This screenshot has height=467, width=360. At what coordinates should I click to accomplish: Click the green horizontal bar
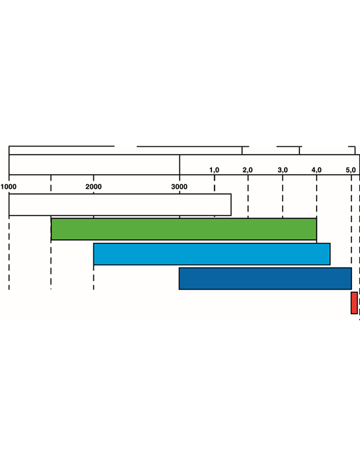(x=184, y=229)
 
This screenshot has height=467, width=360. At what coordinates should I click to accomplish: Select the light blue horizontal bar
(x=212, y=254)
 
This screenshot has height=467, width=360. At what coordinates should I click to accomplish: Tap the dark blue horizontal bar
(x=265, y=278)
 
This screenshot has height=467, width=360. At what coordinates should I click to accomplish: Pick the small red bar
(x=354, y=303)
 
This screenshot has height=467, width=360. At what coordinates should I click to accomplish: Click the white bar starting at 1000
(x=120, y=205)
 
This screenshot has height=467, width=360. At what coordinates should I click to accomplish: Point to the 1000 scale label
(x=8, y=187)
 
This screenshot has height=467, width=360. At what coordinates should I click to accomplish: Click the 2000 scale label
(x=93, y=187)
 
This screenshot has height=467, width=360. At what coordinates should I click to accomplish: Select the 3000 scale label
(x=179, y=187)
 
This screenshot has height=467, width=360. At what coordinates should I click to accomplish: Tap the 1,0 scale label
(x=214, y=170)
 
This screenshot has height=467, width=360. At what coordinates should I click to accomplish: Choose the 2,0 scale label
(x=247, y=170)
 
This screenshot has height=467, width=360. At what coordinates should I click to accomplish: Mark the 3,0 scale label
(x=283, y=170)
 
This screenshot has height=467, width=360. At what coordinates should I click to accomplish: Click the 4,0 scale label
(x=317, y=170)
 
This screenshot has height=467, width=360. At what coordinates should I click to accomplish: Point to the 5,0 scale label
(x=351, y=170)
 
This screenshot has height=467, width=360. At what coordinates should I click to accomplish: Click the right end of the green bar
(x=317, y=229)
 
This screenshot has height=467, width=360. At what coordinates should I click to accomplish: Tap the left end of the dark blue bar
(x=179, y=278)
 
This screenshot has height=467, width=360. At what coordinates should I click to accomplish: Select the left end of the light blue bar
(x=94, y=254)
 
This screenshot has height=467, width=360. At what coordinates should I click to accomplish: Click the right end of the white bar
(x=231, y=205)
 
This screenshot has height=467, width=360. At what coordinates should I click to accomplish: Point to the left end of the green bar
(x=51, y=229)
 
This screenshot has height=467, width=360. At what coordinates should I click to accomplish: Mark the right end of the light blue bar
(x=330, y=254)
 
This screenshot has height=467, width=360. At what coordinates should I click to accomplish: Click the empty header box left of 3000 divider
(x=94, y=165)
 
